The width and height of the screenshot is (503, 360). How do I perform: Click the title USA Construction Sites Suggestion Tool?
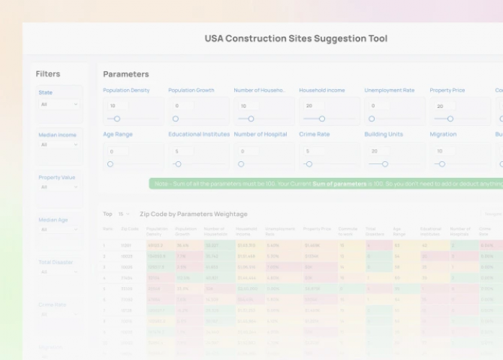(295, 38)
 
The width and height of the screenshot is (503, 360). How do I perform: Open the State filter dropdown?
(60, 104)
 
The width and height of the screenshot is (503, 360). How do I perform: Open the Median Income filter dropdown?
(60, 145)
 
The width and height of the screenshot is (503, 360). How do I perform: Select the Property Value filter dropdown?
(60, 187)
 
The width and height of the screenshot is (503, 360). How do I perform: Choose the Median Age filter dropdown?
(60, 230)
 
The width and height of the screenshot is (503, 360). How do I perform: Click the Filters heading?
(48, 74)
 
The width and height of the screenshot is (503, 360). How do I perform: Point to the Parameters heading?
(126, 74)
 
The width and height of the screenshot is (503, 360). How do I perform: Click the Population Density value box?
(117, 106)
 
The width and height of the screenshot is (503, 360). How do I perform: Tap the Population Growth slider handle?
(175, 119)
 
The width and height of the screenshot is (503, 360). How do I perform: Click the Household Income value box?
(313, 106)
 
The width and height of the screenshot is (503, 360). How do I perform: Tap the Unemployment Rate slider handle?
(372, 119)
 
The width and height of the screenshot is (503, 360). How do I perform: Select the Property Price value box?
(445, 106)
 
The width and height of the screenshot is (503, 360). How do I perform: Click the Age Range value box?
(117, 152)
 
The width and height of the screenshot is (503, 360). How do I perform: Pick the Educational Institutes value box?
(183, 152)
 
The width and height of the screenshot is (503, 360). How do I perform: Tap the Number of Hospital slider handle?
(241, 164)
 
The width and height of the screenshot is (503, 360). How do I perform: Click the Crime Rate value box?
(313, 152)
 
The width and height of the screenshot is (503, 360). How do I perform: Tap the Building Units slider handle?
(385, 164)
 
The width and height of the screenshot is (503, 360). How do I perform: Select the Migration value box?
(445, 152)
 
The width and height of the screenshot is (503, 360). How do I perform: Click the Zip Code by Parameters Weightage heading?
(193, 214)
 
